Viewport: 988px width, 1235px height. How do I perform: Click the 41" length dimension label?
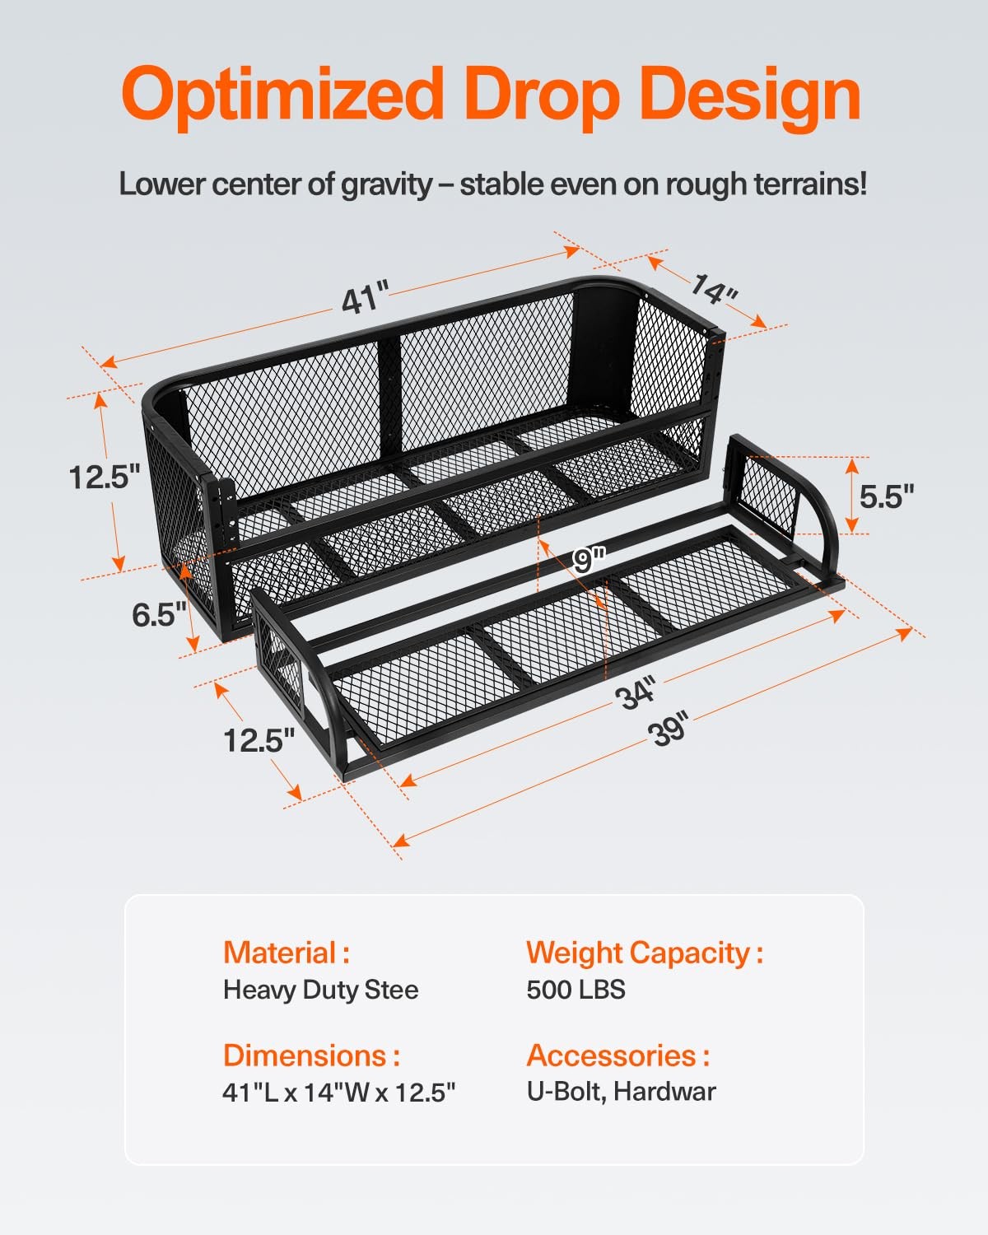pyautogui.click(x=365, y=299)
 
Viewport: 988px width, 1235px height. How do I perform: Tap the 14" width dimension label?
pyautogui.click(x=713, y=289)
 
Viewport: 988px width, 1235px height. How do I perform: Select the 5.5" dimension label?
pyautogui.click(x=887, y=496)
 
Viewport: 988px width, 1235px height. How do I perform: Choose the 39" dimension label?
pyautogui.click(x=669, y=729)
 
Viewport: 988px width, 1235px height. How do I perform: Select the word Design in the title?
pyautogui.click(x=750, y=96)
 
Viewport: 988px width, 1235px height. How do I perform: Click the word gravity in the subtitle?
pyautogui.click(x=386, y=184)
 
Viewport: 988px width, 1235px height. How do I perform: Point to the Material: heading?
pyautogui.click(x=287, y=953)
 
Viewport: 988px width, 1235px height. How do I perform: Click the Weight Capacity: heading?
pyautogui.click(x=645, y=953)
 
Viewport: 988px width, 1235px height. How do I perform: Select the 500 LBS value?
pyautogui.click(x=576, y=989)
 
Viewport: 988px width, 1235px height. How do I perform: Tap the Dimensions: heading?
pyautogui.click(x=311, y=1056)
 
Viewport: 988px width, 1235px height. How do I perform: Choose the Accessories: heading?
pyautogui.click(x=617, y=1056)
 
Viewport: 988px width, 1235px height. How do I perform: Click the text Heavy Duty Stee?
pyautogui.click(x=320, y=989)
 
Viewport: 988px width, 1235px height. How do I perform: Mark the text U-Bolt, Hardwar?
pyautogui.click(x=621, y=1092)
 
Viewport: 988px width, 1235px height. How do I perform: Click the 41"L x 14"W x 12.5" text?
pyautogui.click(x=338, y=1093)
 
